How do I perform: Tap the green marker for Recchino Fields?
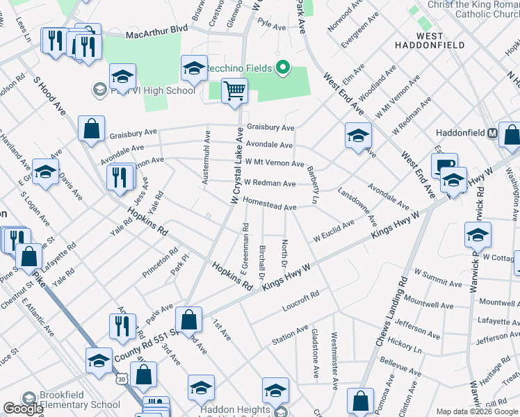click(x=283, y=68)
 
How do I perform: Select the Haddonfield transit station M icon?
click(x=492, y=133)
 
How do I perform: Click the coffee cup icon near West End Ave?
click(x=444, y=166)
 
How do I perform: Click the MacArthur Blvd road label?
click(x=156, y=35)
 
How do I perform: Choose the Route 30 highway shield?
click(x=122, y=379)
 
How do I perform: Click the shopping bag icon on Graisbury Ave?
click(x=91, y=129)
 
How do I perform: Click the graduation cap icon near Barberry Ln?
click(x=358, y=135)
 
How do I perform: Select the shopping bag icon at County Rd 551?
click(x=188, y=320)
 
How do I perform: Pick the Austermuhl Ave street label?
click(x=206, y=158)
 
